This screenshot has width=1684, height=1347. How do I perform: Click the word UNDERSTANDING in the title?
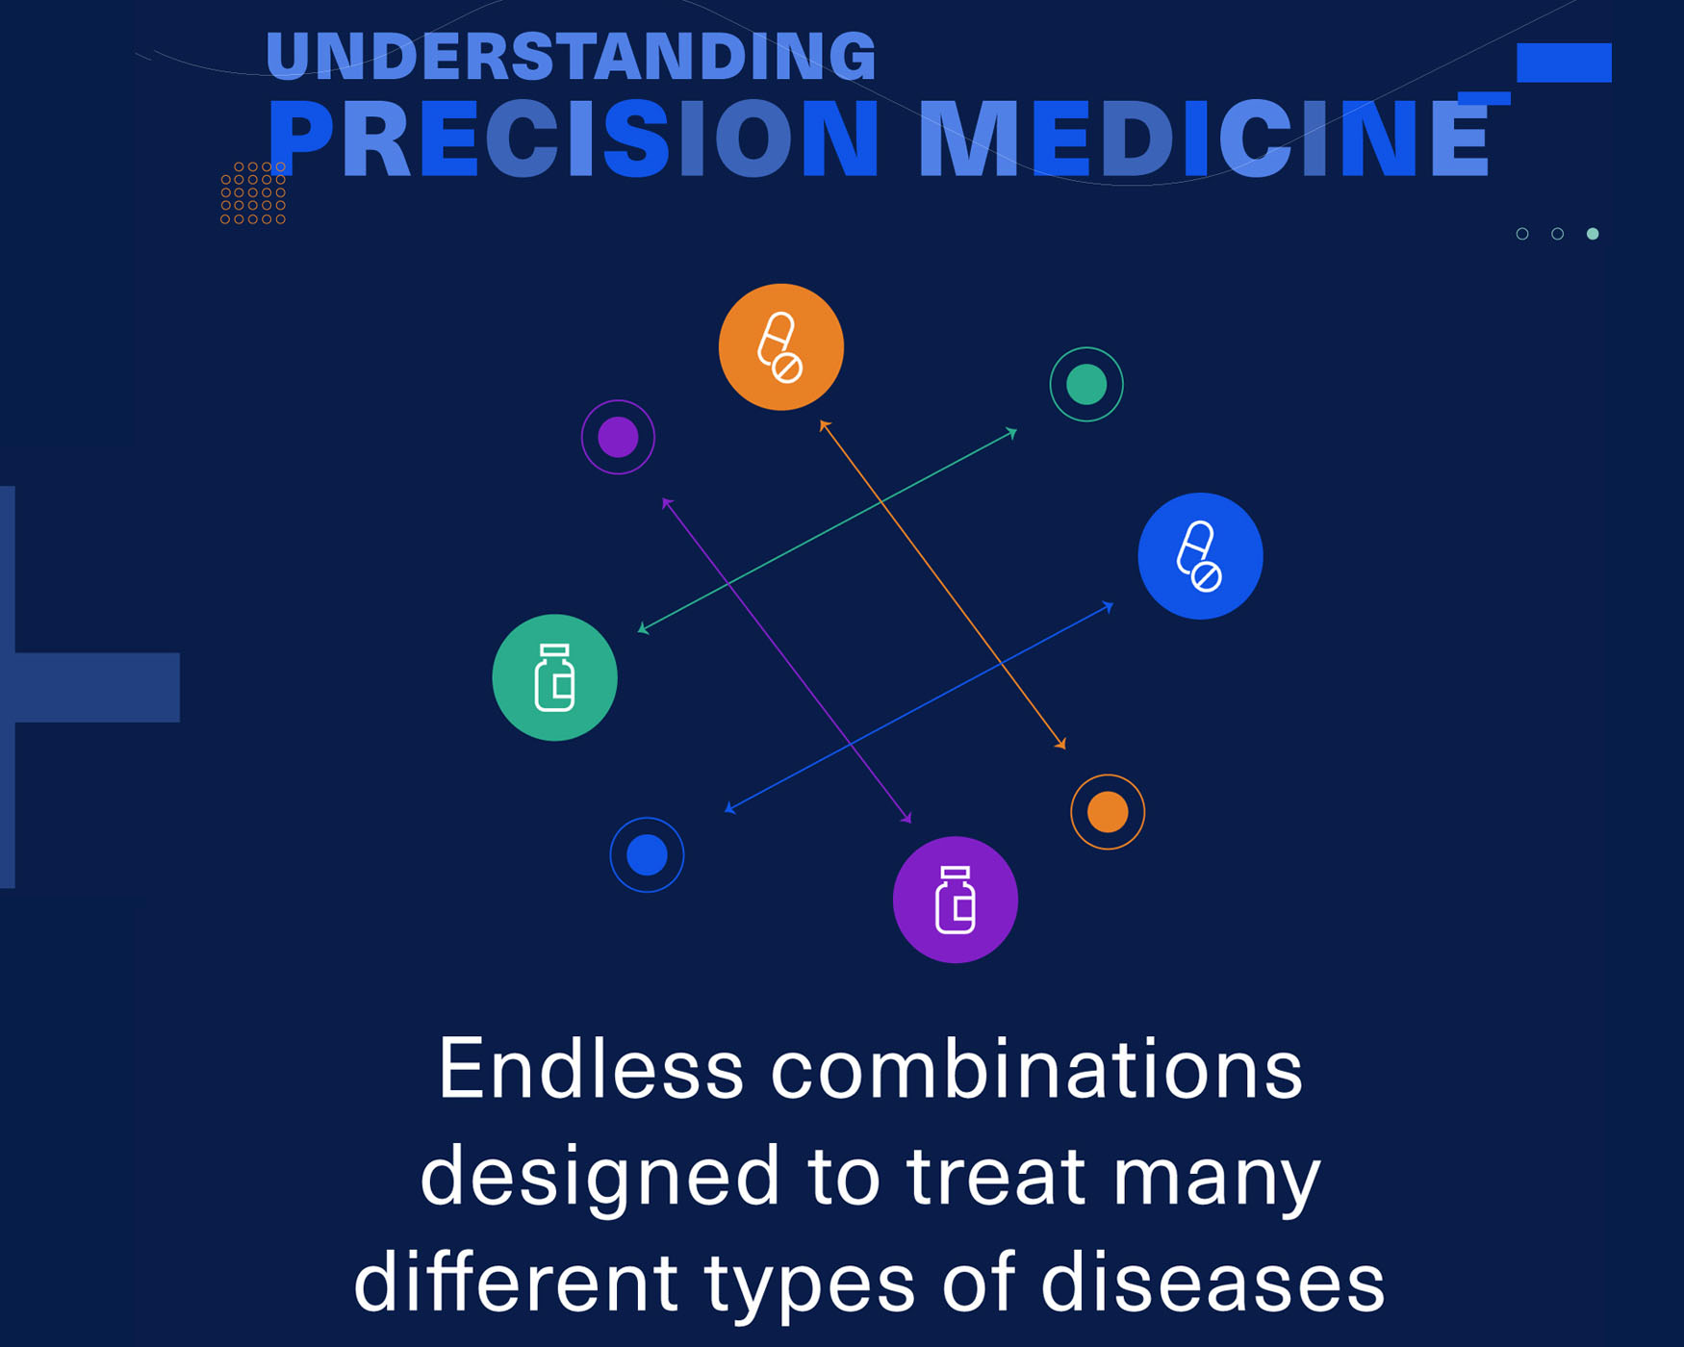[x=571, y=56]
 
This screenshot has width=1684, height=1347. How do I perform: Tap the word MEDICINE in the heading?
[x=1203, y=140]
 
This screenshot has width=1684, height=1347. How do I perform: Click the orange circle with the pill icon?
[x=780, y=347]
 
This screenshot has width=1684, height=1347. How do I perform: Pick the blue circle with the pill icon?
[x=1200, y=556]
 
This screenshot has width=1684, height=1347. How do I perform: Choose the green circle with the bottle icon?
[x=554, y=677]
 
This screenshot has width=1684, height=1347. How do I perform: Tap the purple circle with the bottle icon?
[x=955, y=900]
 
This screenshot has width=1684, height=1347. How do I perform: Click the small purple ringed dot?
[x=618, y=437]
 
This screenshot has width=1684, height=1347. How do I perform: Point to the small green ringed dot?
[x=1086, y=384]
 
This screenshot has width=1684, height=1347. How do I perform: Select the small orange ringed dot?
[x=1108, y=812]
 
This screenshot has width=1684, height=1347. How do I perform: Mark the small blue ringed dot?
[x=647, y=854]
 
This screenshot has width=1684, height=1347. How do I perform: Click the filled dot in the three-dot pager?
[x=1593, y=234]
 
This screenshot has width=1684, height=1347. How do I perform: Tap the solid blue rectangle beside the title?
[x=1564, y=63]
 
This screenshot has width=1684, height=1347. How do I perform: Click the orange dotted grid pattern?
[x=253, y=192]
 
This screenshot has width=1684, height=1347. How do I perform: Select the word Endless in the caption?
[x=591, y=1070]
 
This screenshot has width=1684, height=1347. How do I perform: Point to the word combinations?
[x=1036, y=1070]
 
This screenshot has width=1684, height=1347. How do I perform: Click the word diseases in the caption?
[x=1212, y=1282]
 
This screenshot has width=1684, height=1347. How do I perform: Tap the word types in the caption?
[x=809, y=1283]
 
